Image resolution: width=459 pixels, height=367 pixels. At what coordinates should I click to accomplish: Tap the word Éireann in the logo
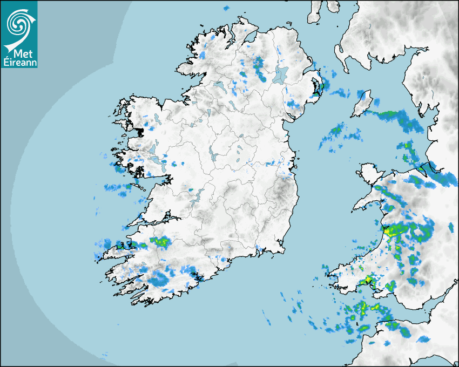[x=19, y=62]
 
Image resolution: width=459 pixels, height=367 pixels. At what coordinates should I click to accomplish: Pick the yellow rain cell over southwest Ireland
[x=161, y=241]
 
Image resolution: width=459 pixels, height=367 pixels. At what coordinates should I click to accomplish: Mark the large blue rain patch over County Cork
[x=159, y=278]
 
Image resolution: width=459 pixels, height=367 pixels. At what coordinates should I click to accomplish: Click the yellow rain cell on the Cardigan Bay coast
[x=390, y=231]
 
